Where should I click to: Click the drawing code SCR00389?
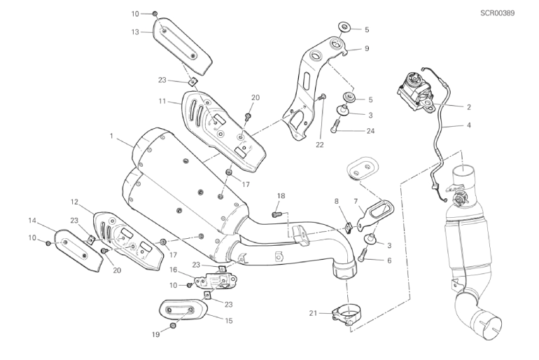pos(498,13)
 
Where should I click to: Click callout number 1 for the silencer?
pos(111,136)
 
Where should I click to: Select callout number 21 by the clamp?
pos(313,313)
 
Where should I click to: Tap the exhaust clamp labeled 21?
pos(346,314)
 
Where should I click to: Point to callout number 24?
pos(370,131)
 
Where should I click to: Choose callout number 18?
pos(281,196)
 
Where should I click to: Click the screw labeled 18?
pos(275,214)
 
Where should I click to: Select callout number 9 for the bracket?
pos(367,48)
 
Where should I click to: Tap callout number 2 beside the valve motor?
pos(469,107)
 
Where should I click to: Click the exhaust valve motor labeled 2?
pos(414,92)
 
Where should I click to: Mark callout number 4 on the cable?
pos(469,125)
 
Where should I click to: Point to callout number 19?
pos(156,334)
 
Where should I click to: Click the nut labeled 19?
pos(173,326)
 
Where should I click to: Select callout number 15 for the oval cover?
pos(229,321)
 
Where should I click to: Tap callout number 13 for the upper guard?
pos(135,32)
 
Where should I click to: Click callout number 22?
pos(320,145)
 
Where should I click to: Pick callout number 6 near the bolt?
pos(389,261)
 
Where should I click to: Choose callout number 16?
pos(173,270)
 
